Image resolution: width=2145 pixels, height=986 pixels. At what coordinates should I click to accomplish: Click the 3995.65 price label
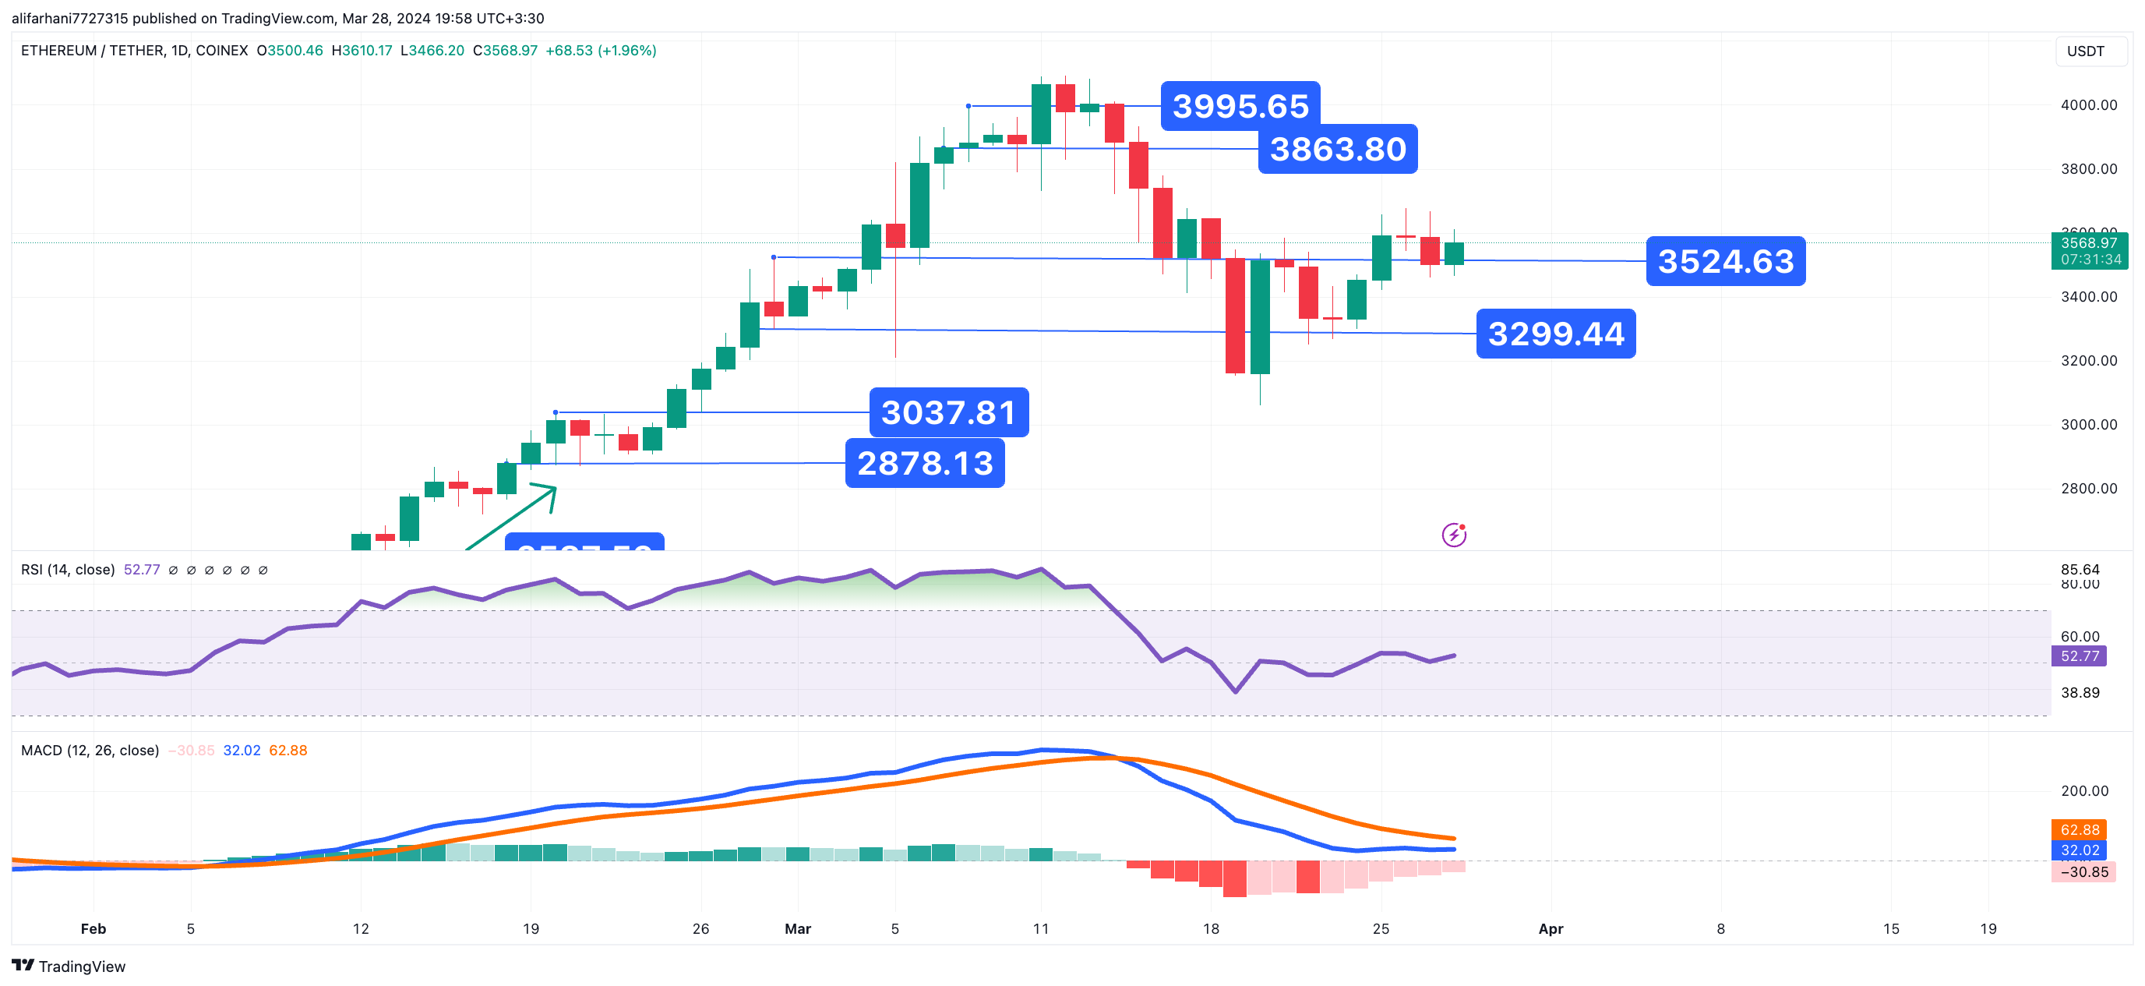[x=1240, y=106]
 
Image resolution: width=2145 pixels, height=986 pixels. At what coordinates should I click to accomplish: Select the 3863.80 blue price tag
[x=1337, y=149]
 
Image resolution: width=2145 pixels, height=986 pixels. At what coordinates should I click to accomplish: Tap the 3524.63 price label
[x=1725, y=261]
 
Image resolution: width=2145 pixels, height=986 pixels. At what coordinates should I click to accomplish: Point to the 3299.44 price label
[x=1555, y=334]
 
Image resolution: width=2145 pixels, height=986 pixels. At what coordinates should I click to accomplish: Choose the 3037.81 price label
[x=948, y=412]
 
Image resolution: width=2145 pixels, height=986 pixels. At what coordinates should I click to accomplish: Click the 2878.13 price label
[x=924, y=463]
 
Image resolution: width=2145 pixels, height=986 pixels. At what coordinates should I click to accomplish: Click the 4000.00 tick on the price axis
[x=2088, y=105]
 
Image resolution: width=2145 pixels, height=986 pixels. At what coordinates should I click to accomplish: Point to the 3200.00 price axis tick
[x=2088, y=361]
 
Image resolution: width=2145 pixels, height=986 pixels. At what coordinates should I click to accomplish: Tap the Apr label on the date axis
[x=1551, y=928]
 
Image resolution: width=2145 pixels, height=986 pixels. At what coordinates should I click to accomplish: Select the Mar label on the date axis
[x=798, y=928]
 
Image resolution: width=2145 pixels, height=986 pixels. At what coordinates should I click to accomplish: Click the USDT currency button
[x=2085, y=51]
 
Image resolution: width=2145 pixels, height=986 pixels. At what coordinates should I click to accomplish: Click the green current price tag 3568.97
[x=2088, y=251]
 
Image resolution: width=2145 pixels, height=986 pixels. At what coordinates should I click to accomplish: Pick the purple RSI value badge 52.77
[x=2080, y=656]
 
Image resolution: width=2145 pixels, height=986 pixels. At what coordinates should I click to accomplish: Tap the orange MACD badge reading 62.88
[x=2080, y=829]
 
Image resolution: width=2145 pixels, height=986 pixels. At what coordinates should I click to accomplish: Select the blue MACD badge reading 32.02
[x=2080, y=850]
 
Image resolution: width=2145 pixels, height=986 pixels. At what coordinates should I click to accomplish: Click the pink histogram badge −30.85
[x=2083, y=872]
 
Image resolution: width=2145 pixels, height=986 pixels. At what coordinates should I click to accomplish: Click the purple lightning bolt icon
[x=1454, y=535]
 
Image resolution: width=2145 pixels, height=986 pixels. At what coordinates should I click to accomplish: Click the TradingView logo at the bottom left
[x=69, y=966]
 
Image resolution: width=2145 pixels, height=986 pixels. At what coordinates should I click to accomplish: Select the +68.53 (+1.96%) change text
[x=601, y=51]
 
